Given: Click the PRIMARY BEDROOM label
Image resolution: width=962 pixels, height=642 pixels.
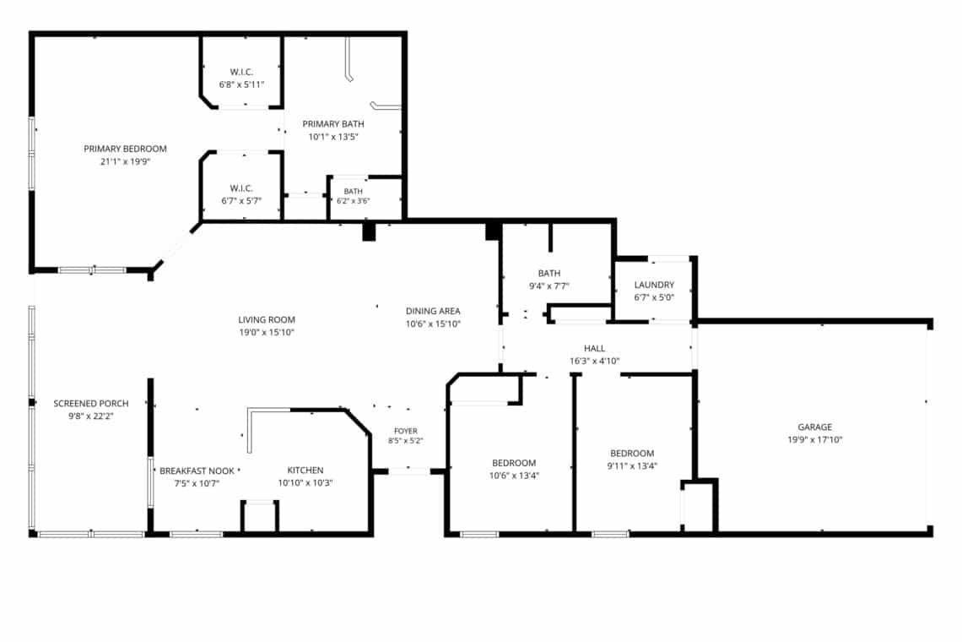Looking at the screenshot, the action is click(x=125, y=149).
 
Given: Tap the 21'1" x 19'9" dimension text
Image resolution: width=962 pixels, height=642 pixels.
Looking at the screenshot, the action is click(x=125, y=161).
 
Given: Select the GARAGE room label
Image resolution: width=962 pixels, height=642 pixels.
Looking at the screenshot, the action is click(x=815, y=427).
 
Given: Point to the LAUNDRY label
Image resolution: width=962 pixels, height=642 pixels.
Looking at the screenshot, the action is click(x=654, y=285).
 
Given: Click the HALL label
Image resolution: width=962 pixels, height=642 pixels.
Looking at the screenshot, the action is click(x=595, y=348).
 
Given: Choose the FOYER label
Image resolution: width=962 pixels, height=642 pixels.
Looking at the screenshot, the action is click(x=406, y=432).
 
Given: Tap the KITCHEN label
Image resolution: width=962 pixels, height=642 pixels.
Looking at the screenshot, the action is click(x=305, y=471).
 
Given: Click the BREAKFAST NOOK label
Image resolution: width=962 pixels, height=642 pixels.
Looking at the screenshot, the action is click(x=197, y=471).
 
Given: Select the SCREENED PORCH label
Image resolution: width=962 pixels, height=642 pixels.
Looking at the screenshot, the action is click(x=91, y=404).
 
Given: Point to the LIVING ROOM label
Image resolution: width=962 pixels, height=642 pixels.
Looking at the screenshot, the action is click(x=267, y=319).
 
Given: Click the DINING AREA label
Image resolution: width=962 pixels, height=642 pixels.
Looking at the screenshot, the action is click(x=433, y=312).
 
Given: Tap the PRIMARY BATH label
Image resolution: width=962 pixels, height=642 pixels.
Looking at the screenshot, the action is click(x=333, y=124).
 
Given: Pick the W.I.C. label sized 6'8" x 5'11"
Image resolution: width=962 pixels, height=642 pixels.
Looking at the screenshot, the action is click(x=241, y=72).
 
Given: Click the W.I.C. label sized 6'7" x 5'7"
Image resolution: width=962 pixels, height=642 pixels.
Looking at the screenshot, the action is click(x=241, y=188).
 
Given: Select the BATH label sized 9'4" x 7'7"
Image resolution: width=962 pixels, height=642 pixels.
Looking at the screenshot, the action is click(x=549, y=274).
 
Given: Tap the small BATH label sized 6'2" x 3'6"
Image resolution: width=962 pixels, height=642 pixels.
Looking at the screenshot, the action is click(x=354, y=192).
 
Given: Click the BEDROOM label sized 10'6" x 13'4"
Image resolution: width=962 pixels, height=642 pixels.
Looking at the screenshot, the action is click(x=514, y=463).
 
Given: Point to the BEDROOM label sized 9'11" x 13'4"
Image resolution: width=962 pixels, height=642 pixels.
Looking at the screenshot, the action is click(x=632, y=454).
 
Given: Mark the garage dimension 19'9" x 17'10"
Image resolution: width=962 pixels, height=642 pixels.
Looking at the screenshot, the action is click(x=815, y=440).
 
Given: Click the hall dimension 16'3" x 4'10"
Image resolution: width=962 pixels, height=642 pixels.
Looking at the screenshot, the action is click(x=595, y=362).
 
